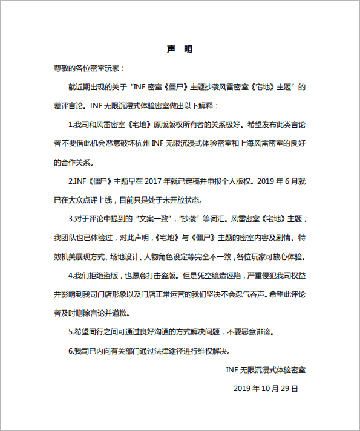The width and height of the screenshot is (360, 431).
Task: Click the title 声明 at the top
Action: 179,49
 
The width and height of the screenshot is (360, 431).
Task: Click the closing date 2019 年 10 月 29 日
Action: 266,387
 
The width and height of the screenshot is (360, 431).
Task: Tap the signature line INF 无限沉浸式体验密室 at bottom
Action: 266,369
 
